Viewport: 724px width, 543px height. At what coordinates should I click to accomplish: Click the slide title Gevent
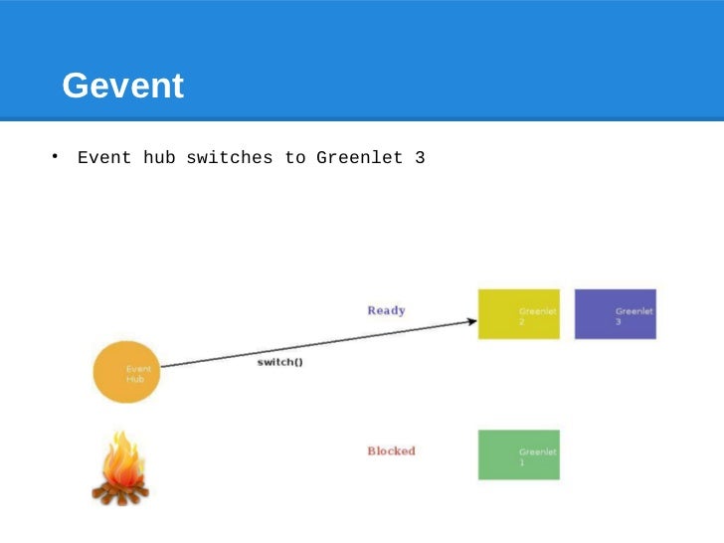pyautogui.click(x=122, y=87)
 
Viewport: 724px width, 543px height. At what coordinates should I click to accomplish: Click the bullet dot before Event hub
pyautogui.click(x=56, y=156)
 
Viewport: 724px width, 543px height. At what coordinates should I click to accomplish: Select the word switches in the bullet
pyautogui.click(x=229, y=157)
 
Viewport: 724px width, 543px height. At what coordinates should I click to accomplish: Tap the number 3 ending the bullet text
pyautogui.click(x=420, y=157)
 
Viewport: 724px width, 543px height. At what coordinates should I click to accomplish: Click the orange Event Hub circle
pyautogui.click(x=126, y=373)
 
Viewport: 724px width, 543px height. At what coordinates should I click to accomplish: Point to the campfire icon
pyautogui.click(x=120, y=468)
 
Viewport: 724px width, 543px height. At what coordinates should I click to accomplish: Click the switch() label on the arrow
pyautogui.click(x=280, y=362)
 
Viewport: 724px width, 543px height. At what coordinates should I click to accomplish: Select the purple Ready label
pyautogui.click(x=386, y=310)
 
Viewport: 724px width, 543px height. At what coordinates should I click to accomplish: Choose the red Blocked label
pyautogui.click(x=391, y=451)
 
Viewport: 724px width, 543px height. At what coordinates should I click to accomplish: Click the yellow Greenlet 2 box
pyautogui.click(x=518, y=314)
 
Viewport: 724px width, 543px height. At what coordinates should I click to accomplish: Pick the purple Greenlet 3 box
pyautogui.click(x=615, y=314)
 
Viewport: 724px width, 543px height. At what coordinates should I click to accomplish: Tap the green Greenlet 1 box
pyautogui.click(x=518, y=454)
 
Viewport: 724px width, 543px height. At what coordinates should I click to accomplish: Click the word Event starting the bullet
pyautogui.click(x=104, y=157)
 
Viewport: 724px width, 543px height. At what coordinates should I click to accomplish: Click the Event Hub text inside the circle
pyautogui.click(x=136, y=374)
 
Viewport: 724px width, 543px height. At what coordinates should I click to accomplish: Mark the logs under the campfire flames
pyautogui.click(x=119, y=488)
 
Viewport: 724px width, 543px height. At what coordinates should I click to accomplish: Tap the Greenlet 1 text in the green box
pyautogui.click(x=537, y=456)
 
